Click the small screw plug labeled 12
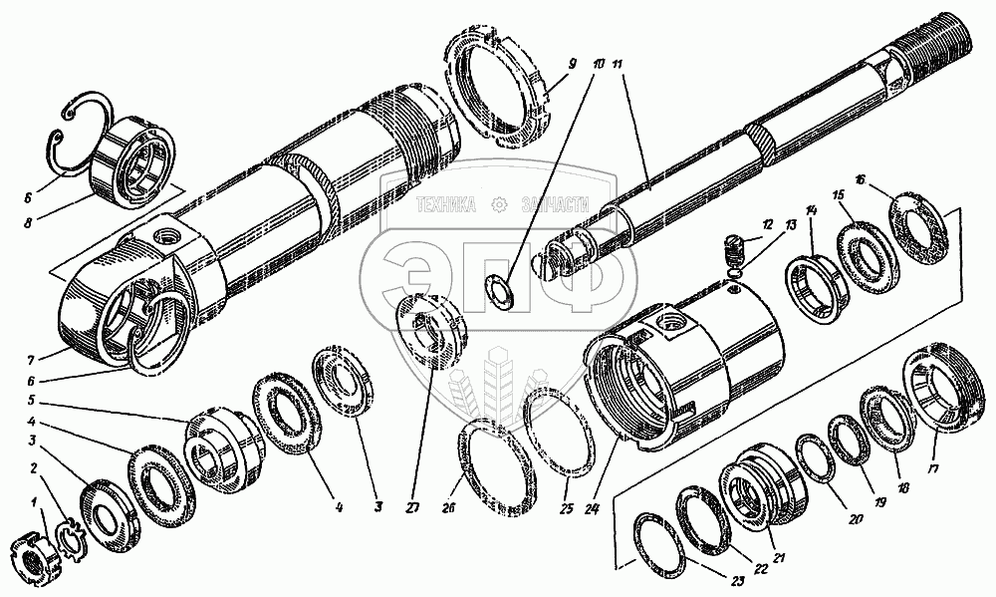click(x=735, y=244)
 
